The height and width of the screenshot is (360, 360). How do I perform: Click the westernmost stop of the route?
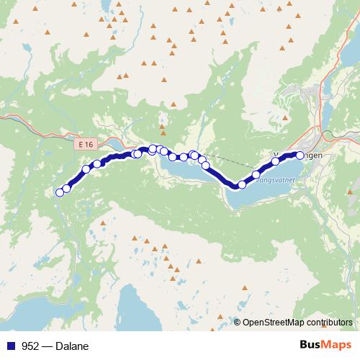pos(60,192)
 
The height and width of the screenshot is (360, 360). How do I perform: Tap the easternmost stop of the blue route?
pos(300,155)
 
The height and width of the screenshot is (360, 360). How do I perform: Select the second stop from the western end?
pos(67,188)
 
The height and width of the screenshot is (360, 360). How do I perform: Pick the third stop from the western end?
pos(86,170)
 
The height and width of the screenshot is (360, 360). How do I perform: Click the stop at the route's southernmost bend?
pos(242,184)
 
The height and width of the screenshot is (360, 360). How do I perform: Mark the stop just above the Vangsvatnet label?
pos(256,174)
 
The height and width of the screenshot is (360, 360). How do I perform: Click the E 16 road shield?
pos(86,145)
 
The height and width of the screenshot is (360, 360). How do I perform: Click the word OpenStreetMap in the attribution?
pos(272,322)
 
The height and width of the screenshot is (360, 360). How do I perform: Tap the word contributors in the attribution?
pos(329,322)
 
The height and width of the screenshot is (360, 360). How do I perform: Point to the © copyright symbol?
pos(238,322)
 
